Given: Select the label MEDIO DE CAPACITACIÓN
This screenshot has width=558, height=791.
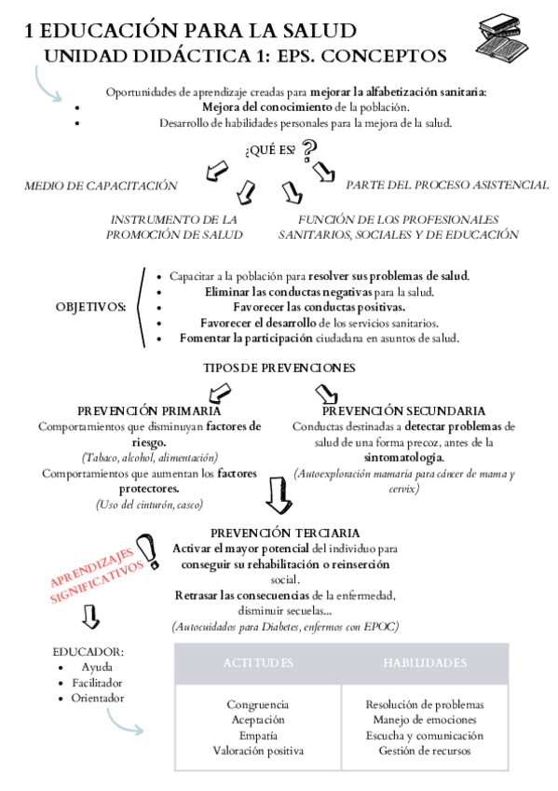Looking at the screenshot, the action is point(101,185).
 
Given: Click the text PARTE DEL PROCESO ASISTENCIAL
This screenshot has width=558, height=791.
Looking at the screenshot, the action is point(447,185).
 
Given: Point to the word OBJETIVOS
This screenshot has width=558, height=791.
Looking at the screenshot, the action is point(91,306).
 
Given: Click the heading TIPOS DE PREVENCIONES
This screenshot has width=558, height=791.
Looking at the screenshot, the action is point(279,368).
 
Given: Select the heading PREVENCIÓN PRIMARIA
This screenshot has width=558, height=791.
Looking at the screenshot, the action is point(149,410).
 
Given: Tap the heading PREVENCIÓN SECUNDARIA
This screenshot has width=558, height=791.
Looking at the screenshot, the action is point(402,410).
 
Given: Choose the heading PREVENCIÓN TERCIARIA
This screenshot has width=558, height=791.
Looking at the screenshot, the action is point(285,531).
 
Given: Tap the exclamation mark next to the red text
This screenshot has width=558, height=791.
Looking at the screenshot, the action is point(146,552).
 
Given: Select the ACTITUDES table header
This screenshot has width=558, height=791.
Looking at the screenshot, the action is point(258,663).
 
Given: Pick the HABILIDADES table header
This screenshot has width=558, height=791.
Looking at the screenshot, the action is point(425,663).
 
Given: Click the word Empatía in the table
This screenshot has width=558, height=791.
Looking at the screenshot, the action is point(258,735).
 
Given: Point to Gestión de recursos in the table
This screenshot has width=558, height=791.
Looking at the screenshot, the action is point(424,750).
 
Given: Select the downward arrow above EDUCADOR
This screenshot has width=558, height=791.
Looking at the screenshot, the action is point(90,617).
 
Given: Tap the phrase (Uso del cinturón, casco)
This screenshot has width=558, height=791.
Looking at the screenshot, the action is point(149,505).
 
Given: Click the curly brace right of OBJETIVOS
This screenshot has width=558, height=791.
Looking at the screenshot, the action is point(141,306).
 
